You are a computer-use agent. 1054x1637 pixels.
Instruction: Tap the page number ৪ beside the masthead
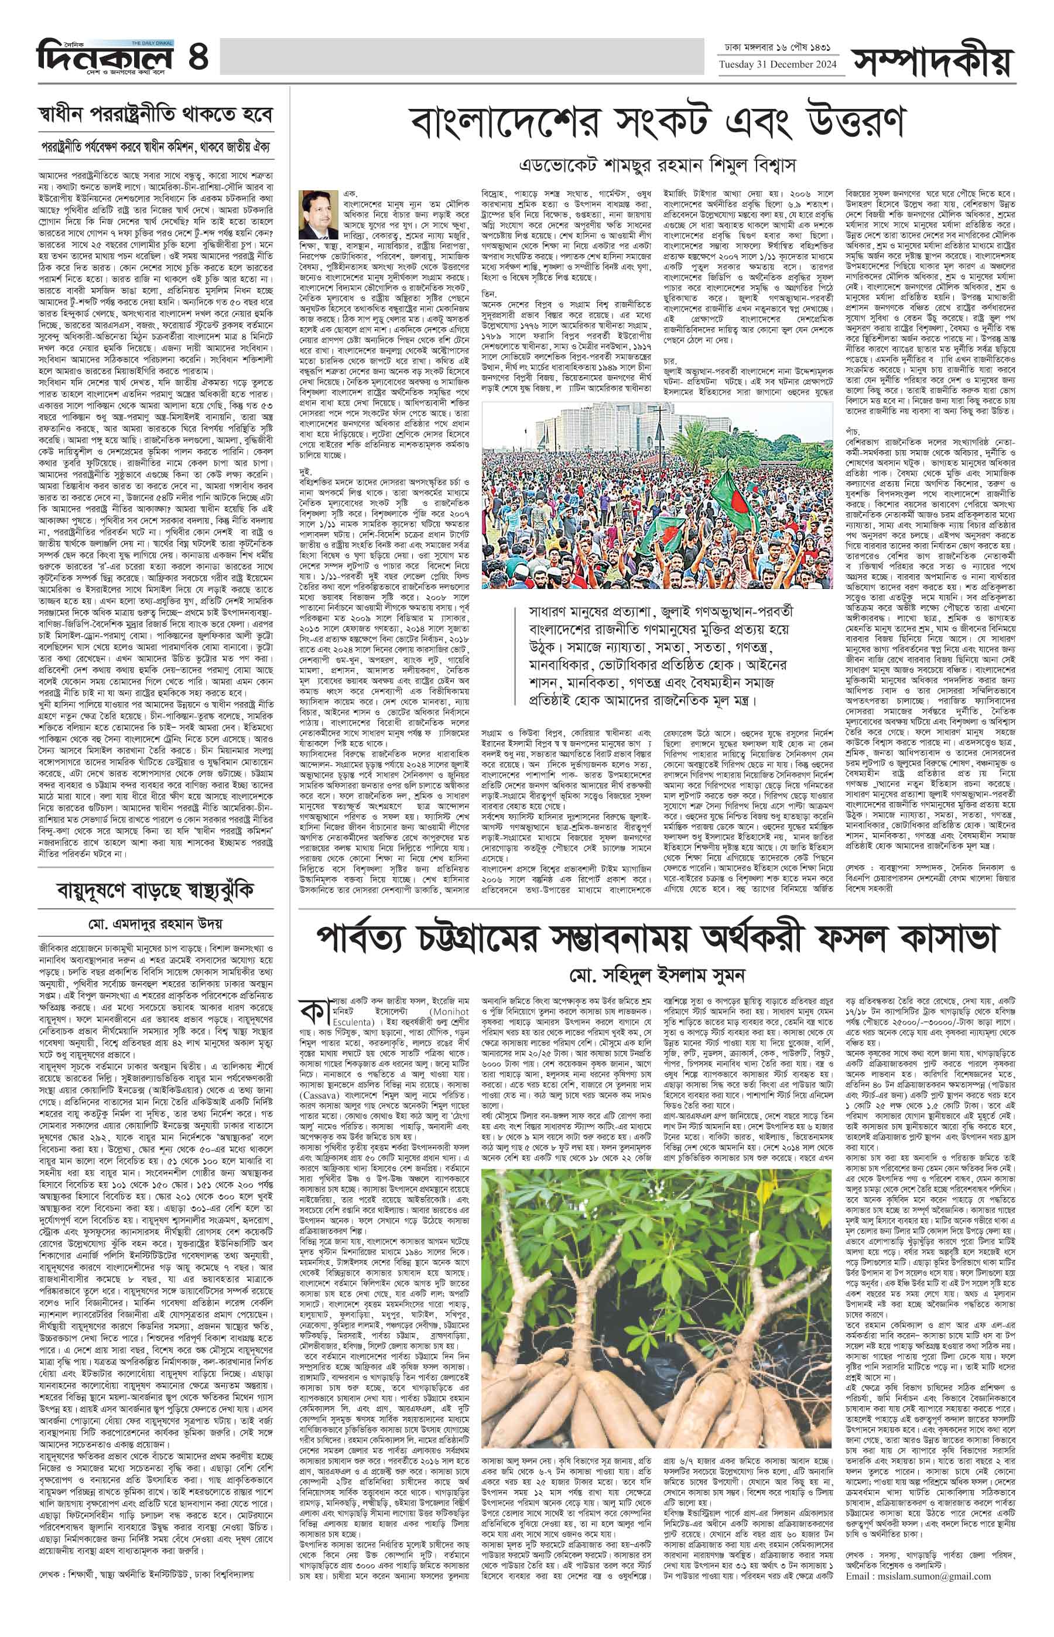tap(198, 55)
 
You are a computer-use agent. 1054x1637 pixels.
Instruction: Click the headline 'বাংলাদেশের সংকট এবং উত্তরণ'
tap(657, 123)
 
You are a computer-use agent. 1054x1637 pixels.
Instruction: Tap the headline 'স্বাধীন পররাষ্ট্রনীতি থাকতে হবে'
tap(155, 112)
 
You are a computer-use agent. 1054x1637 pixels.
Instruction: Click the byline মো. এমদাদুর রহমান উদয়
tap(155, 923)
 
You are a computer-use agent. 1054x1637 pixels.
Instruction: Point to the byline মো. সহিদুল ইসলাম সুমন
tap(656, 972)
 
